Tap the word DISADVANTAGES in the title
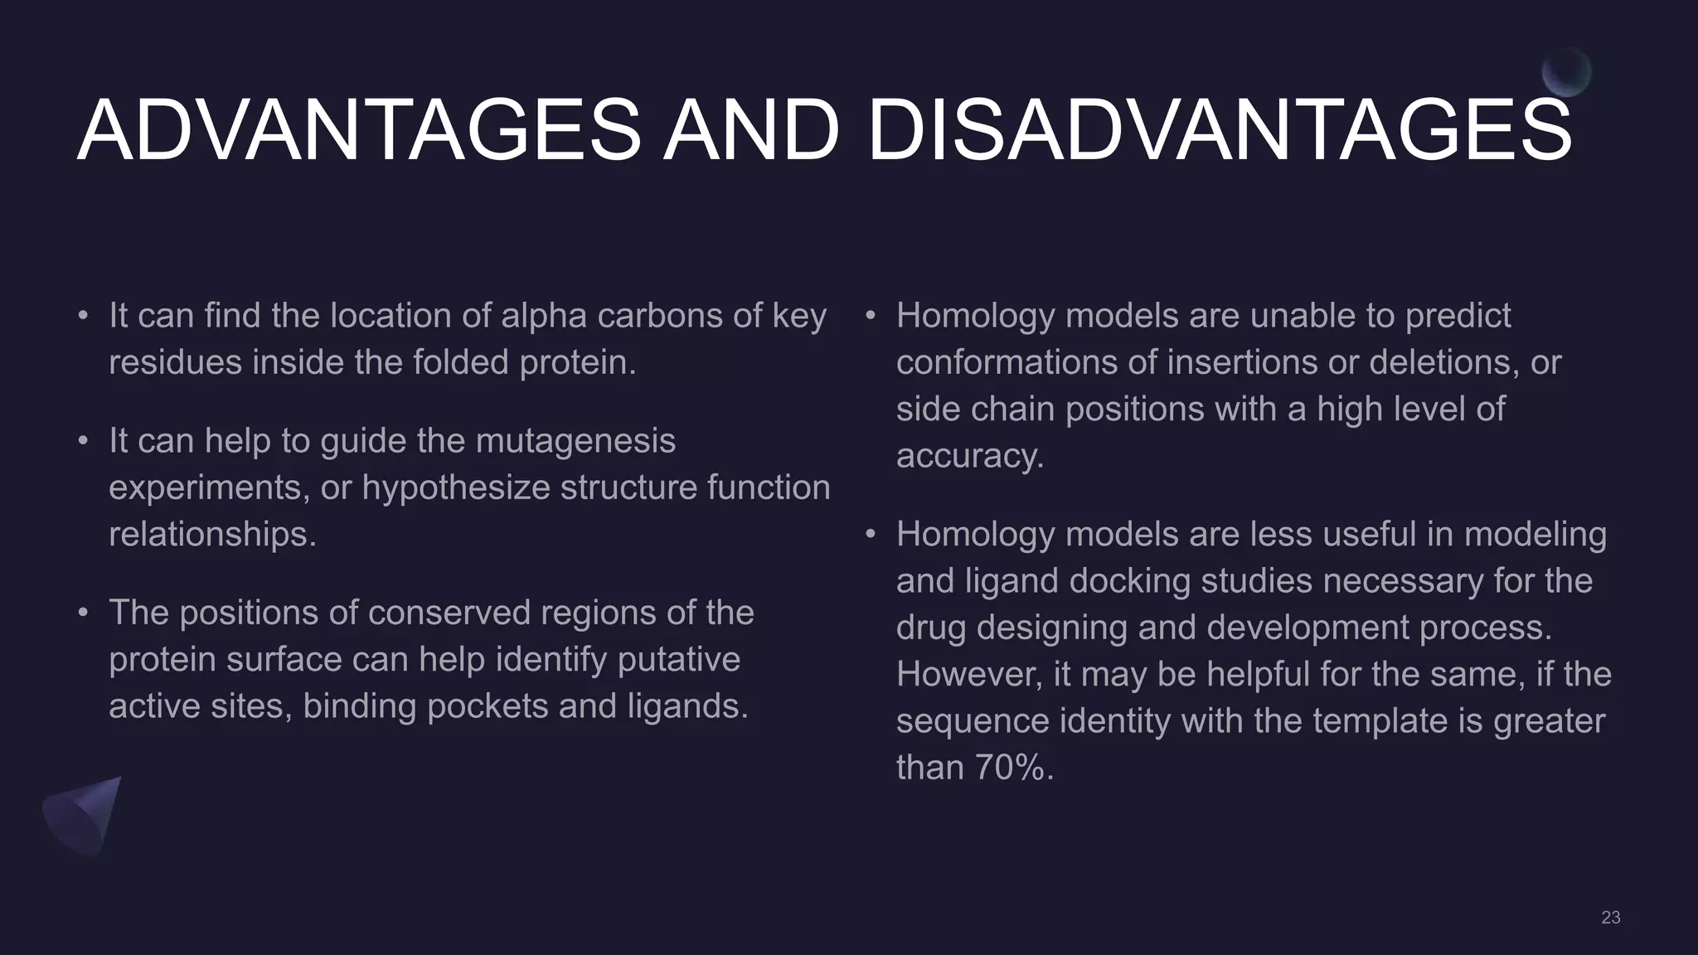pos(1219,131)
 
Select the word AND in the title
pos(751,131)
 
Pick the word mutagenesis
pos(575,441)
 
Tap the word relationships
pos(212,534)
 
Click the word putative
pos(679,660)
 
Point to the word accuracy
pos(969,456)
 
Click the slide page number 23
pos(1610,917)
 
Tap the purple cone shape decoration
pos(82,814)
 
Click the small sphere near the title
pos(1566,72)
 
